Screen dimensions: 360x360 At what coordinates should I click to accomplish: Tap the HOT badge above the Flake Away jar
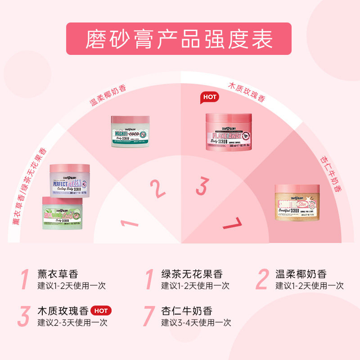[209, 97]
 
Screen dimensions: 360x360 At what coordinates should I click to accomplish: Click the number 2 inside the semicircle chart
[157, 188]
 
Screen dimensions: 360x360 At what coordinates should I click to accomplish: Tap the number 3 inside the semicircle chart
[203, 186]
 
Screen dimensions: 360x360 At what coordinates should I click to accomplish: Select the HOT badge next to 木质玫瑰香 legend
[101, 310]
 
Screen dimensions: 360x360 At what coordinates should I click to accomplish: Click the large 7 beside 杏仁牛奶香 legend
[149, 316]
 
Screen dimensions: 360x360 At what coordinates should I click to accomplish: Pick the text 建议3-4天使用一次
[196, 322]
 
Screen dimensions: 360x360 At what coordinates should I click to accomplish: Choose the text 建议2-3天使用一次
[72, 322]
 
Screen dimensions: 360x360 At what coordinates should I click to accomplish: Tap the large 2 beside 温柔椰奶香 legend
[262, 279]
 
